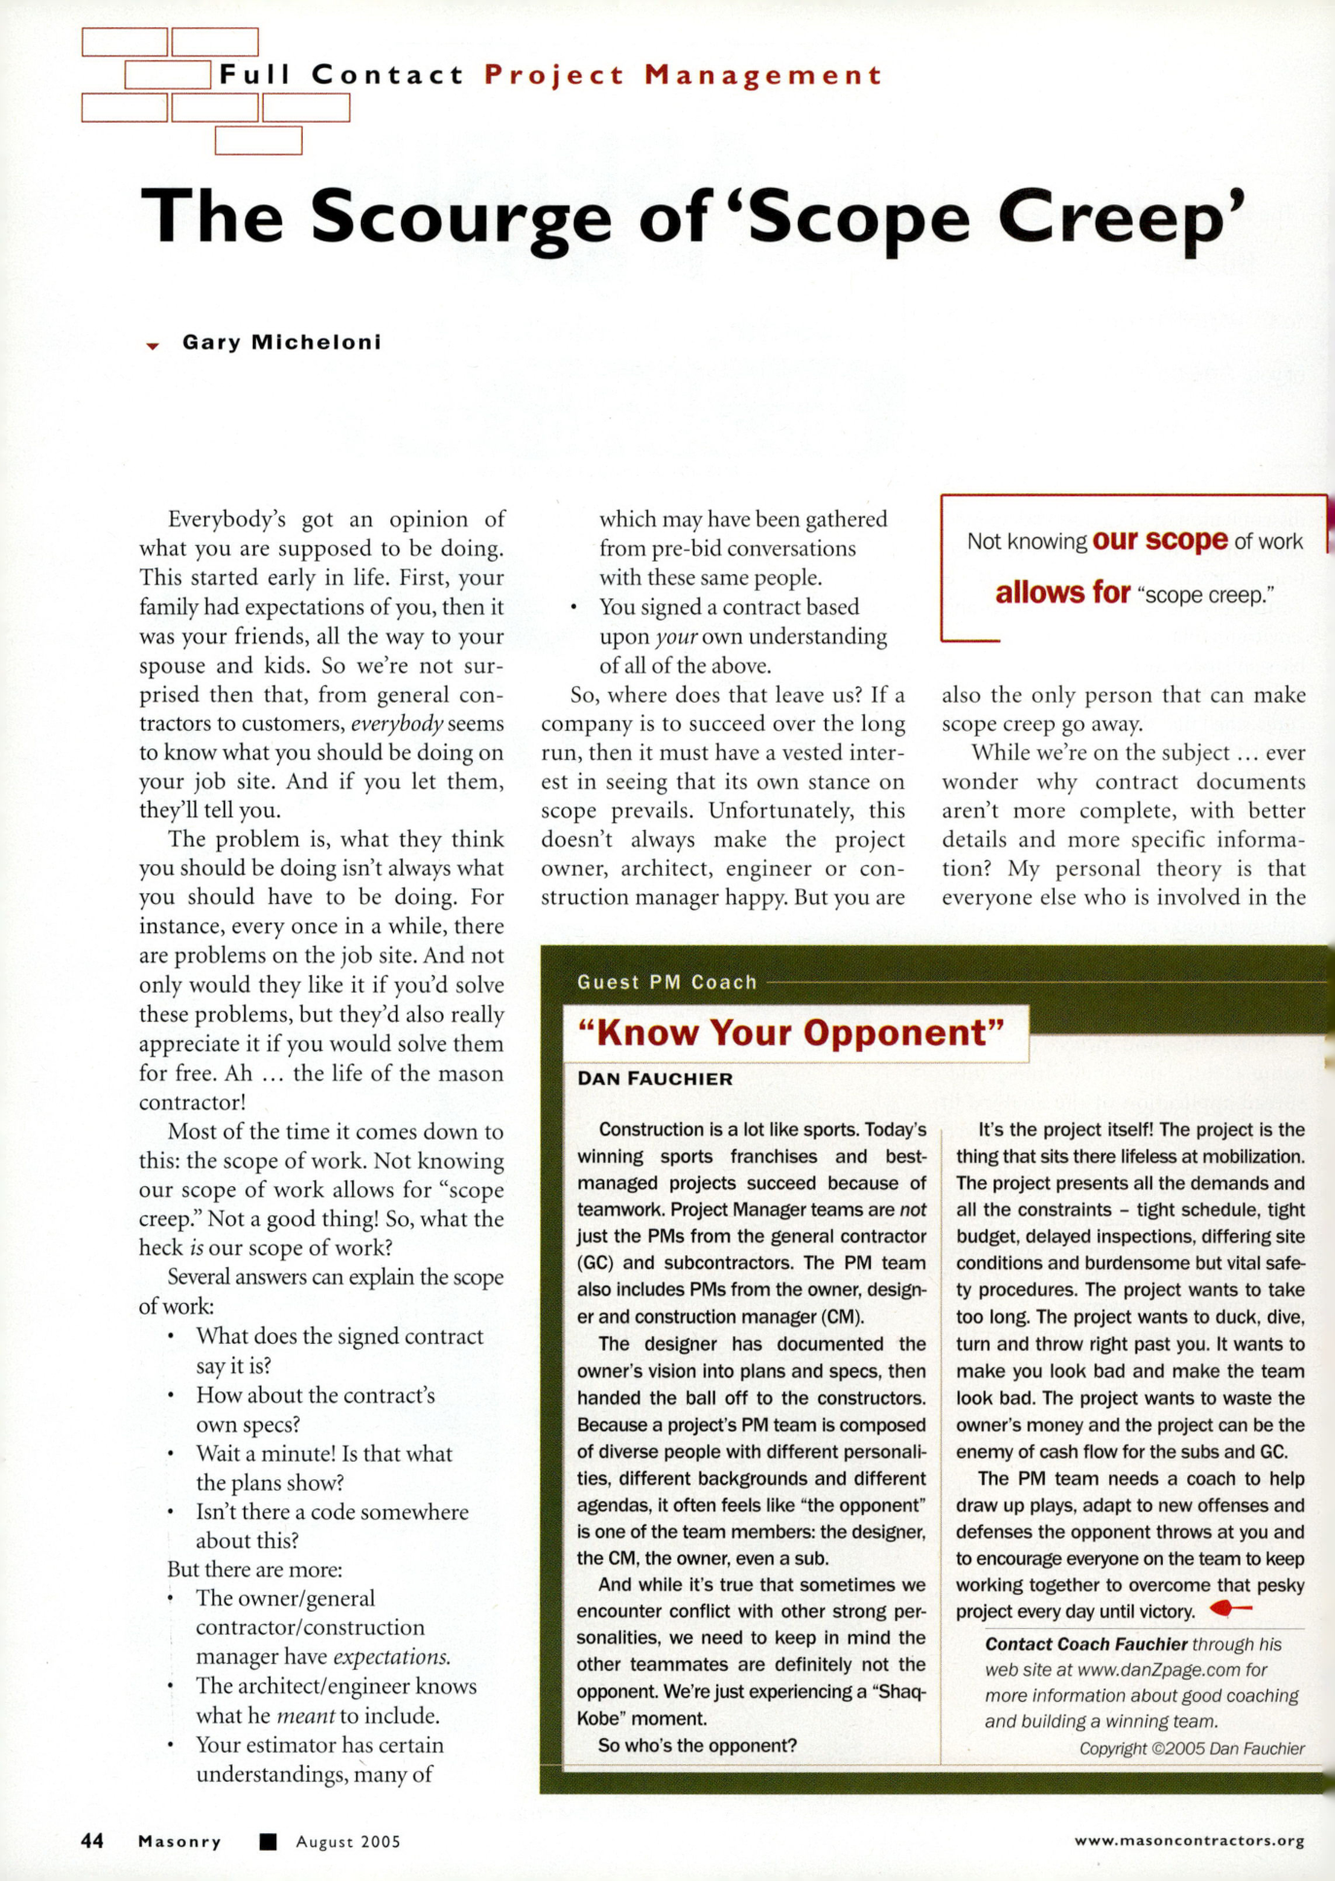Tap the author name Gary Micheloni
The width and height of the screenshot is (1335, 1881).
pyautogui.click(x=281, y=343)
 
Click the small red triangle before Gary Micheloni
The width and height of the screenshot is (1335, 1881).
pyautogui.click(x=152, y=345)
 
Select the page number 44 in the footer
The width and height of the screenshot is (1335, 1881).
pyautogui.click(x=92, y=1841)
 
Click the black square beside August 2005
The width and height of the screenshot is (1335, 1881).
pyautogui.click(x=269, y=1841)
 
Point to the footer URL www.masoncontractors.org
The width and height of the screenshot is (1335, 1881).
pyautogui.click(x=1189, y=1840)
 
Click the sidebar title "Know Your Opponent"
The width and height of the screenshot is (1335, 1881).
pyautogui.click(x=790, y=1032)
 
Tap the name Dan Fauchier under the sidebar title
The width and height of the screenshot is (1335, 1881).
pyautogui.click(x=655, y=1078)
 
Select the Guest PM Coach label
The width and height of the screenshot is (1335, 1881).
pyautogui.click(x=667, y=982)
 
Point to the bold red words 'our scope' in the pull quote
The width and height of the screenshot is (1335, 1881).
pyautogui.click(x=1160, y=540)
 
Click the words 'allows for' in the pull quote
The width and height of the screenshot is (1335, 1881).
pyautogui.click(x=1063, y=592)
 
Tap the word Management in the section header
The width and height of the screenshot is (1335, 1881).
pyautogui.click(x=763, y=75)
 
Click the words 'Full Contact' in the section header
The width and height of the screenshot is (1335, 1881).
pyautogui.click(x=342, y=75)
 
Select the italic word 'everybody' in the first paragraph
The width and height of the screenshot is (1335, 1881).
pyautogui.click(x=397, y=724)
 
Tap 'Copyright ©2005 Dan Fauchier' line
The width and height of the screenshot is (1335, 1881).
pyautogui.click(x=1191, y=1749)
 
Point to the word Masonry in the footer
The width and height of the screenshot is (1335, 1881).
pyautogui.click(x=180, y=1841)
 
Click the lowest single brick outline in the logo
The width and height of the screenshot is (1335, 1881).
pyautogui.click(x=258, y=141)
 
